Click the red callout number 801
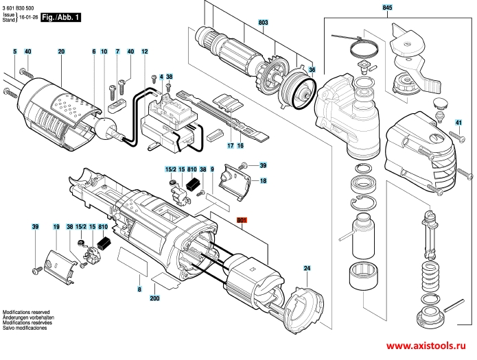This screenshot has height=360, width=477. click(x=241, y=221)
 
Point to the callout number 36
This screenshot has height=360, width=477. click(x=311, y=70)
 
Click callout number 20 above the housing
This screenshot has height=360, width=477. click(x=61, y=52)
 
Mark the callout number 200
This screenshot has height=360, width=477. click(x=154, y=299)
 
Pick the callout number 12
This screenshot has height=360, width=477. click(x=145, y=52)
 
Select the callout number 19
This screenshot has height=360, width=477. click(x=56, y=226)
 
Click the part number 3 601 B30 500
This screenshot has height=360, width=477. click(x=22, y=5)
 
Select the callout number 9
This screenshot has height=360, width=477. click(x=213, y=169)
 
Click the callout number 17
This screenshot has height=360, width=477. click(x=231, y=146)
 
